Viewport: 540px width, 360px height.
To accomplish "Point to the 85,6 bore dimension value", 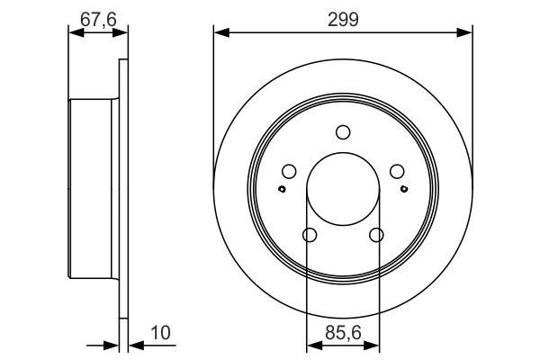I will click(x=343, y=334).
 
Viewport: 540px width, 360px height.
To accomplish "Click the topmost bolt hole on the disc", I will click(x=343, y=133).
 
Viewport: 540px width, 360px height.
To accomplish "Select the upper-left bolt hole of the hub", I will click(x=289, y=172).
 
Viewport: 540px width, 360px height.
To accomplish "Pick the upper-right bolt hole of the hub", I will click(x=396, y=172).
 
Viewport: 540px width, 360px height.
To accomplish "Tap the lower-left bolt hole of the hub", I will click(x=310, y=236).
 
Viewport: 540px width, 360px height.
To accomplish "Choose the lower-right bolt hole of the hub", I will click(x=376, y=236).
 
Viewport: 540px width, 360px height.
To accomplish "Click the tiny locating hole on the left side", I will click(x=282, y=189).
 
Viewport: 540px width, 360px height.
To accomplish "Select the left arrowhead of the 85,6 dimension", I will click(x=311, y=345).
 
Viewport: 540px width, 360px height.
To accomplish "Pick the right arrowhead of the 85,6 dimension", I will click(x=374, y=345).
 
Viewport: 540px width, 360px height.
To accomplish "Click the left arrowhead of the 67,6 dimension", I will click(x=74, y=33).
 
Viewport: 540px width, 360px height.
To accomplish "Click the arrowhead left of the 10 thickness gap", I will click(x=113, y=345).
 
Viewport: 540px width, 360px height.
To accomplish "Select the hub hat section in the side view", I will click(x=93, y=189).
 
